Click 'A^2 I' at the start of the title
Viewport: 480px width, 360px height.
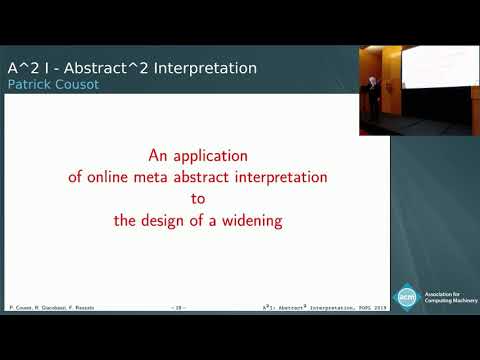(23, 68)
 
